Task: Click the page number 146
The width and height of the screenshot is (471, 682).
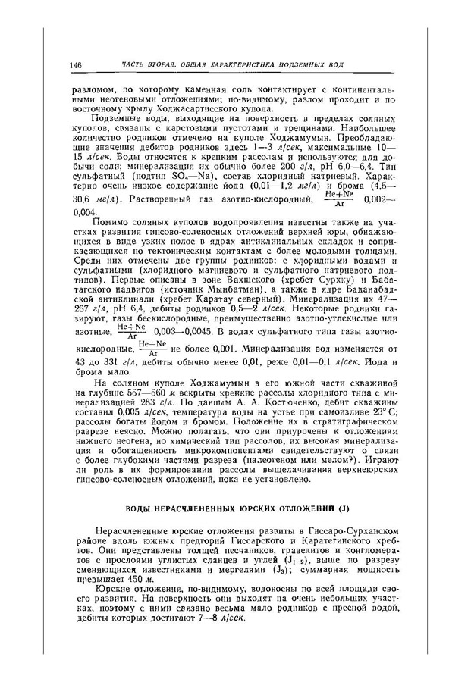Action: [x=74, y=65]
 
